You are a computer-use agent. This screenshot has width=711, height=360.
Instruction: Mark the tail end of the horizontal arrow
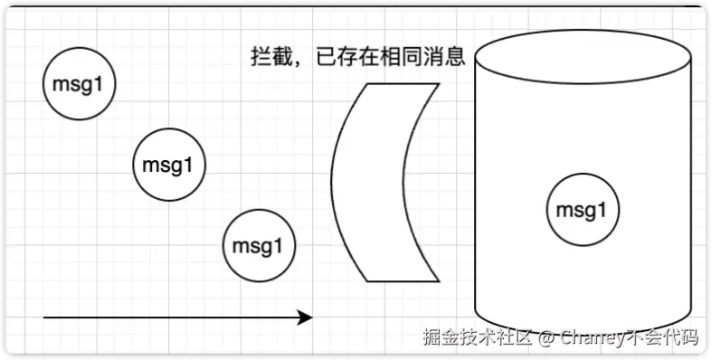pyautogui.click(x=43, y=317)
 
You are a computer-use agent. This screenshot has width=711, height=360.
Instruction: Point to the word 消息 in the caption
pyautogui.click(x=444, y=58)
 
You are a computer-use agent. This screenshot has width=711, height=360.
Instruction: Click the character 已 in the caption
pyautogui.click(x=326, y=58)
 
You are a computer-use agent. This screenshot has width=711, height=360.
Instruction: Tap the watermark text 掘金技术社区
pyautogui.click(x=478, y=336)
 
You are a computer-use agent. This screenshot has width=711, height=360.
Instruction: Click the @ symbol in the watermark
pyautogui.click(x=546, y=337)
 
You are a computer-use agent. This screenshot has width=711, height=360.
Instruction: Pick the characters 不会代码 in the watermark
pyautogui.click(x=663, y=336)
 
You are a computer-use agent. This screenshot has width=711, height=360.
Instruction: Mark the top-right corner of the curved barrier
pyautogui.click(x=440, y=83)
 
